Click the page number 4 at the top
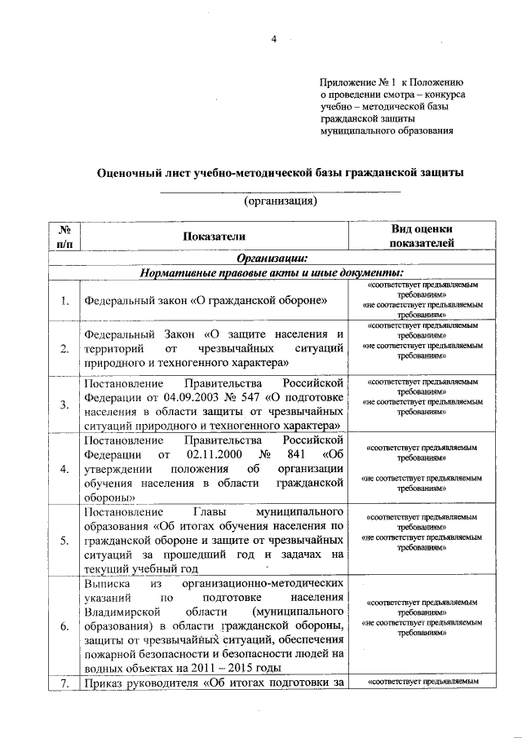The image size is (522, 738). click(x=274, y=38)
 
